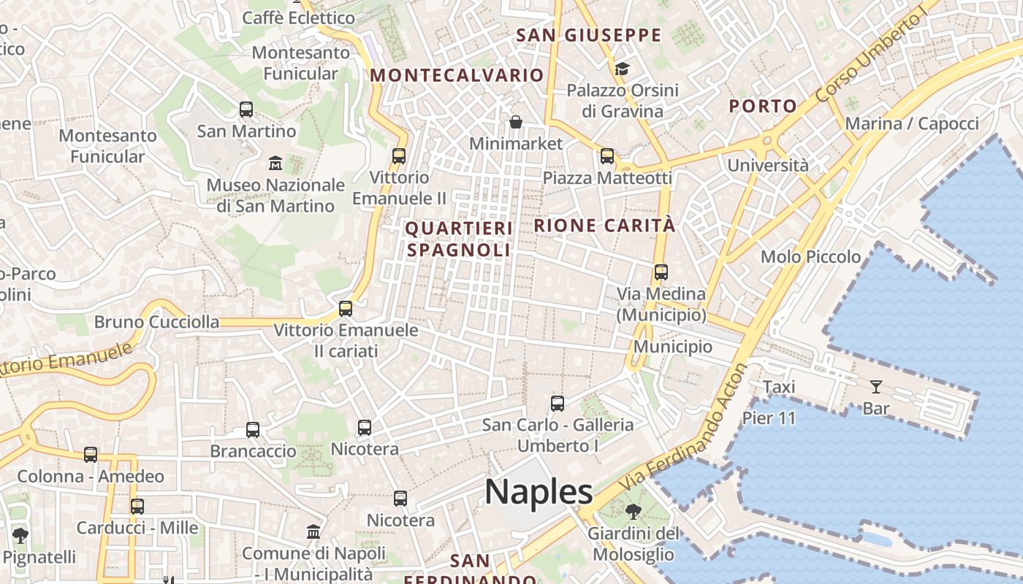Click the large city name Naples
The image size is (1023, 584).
(x=539, y=492)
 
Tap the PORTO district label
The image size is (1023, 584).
(x=763, y=106)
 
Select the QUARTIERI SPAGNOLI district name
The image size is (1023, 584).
(x=459, y=239)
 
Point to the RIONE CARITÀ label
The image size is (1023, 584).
(x=605, y=226)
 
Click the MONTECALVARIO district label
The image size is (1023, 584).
(x=457, y=75)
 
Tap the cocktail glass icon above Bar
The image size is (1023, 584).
(x=875, y=387)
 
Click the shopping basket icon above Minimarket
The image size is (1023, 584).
(x=516, y=122)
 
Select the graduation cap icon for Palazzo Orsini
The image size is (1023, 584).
(x=622, y=69)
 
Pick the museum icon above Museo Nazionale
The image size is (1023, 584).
(x=275, y=162)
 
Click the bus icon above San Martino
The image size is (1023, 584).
(x=246, y=109)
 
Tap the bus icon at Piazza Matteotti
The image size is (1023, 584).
(x=607, y=156)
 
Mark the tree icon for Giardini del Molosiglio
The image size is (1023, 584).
(x=634, y=512)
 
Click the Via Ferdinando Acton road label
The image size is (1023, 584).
(x=683, y=429)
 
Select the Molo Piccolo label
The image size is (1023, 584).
(x=810, y=257)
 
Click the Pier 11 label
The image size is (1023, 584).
(x=769, y=418)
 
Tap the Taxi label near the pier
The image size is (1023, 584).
(x=779, y=387)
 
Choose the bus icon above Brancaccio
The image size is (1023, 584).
(x=253, y=429)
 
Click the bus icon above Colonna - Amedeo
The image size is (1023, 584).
(x=91, y=455)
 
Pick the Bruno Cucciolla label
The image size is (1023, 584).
(x=156, y=322)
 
